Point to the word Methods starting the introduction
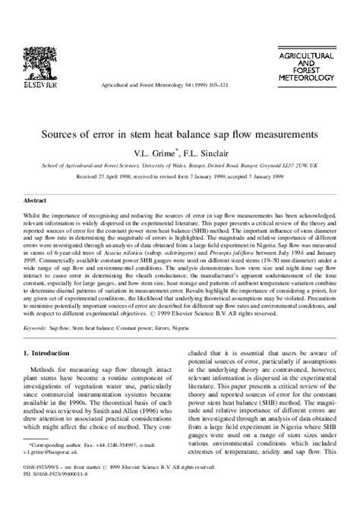click(48, 374)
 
